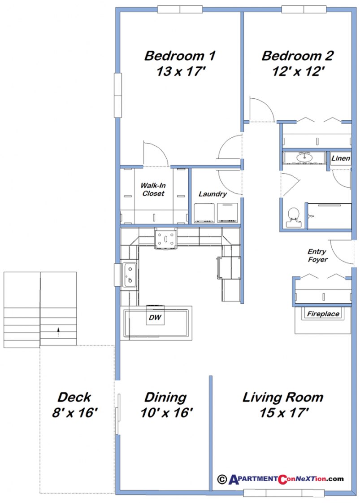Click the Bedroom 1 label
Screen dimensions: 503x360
[180, 56]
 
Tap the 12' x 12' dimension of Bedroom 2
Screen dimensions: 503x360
[297, 71]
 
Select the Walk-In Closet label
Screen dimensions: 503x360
[153, 189]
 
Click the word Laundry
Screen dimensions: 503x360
[213, 194]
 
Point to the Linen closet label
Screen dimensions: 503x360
[340, 158]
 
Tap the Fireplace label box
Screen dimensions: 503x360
[323, 314]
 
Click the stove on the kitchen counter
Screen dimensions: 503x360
[166, 238]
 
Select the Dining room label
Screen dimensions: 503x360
[165, 397]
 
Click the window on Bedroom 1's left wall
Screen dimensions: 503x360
[117, 96]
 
